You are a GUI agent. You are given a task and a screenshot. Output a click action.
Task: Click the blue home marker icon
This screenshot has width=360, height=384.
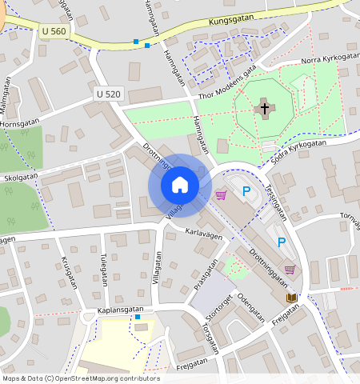180,186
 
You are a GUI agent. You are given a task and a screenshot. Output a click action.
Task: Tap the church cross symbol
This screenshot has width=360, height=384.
264,109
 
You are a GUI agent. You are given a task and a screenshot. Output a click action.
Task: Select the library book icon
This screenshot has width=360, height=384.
291,298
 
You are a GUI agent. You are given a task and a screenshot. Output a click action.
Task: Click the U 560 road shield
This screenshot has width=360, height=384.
53,30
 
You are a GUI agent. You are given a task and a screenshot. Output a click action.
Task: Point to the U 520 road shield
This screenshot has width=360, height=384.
108,94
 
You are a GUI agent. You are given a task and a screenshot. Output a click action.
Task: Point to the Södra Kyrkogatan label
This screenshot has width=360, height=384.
298,150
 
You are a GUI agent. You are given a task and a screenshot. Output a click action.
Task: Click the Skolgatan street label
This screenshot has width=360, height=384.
21,178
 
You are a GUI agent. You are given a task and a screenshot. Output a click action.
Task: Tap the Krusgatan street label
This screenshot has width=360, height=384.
67,274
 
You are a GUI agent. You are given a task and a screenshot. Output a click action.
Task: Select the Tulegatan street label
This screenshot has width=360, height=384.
104,270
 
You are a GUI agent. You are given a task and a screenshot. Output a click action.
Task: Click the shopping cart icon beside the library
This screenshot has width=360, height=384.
290,270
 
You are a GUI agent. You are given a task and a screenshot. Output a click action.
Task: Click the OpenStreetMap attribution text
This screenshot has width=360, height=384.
81,378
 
